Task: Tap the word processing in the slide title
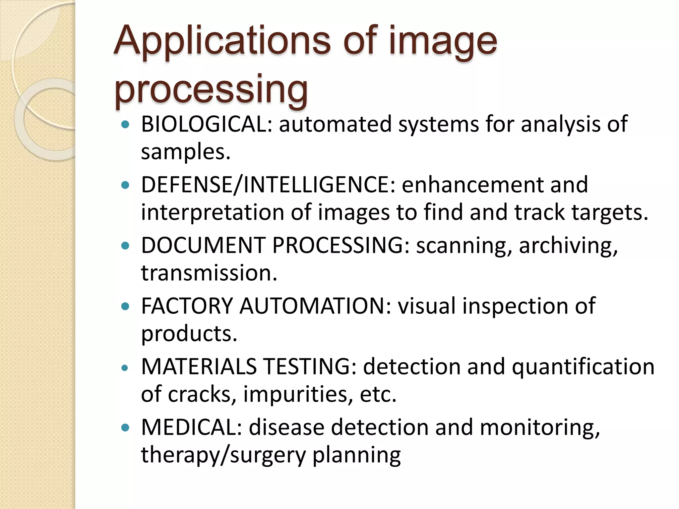point(211,89)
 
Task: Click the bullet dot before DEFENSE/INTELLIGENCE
point(125,185)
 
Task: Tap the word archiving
point(568,246)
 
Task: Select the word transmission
point(209,273)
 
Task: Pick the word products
point(189,334)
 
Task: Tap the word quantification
point(583,367)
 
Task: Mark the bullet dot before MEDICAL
point(125,428)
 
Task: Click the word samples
point(186,152)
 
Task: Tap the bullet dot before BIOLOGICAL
point(125,125)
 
